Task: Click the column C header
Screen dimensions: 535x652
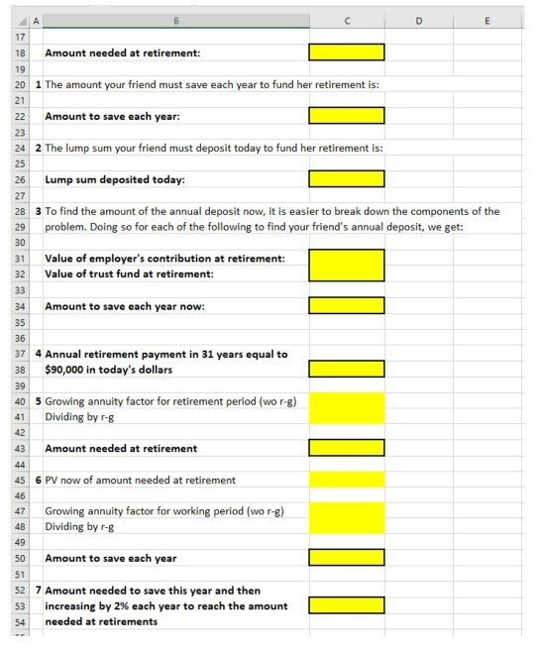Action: point(347,16)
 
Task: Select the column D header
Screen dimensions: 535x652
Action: point(418,16)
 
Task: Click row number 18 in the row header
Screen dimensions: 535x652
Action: point(19,53)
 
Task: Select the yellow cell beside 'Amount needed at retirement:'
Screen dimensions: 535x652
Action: point(347,53)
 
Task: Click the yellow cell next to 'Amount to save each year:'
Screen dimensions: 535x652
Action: point(347,116)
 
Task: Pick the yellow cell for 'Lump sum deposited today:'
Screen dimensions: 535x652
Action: point(347,179)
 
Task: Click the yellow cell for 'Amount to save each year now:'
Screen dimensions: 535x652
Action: point(347,306)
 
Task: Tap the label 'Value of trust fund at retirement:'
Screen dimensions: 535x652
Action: point(130,273)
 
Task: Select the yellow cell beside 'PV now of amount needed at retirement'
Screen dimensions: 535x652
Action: point(347,480)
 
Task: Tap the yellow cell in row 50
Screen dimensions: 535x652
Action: point(347,558)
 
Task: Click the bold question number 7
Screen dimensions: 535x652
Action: point(38,590)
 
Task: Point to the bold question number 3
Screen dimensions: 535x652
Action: point(38,211)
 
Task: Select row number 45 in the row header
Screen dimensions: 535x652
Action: point(19,480)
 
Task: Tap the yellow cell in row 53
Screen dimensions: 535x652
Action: point(347,605)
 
